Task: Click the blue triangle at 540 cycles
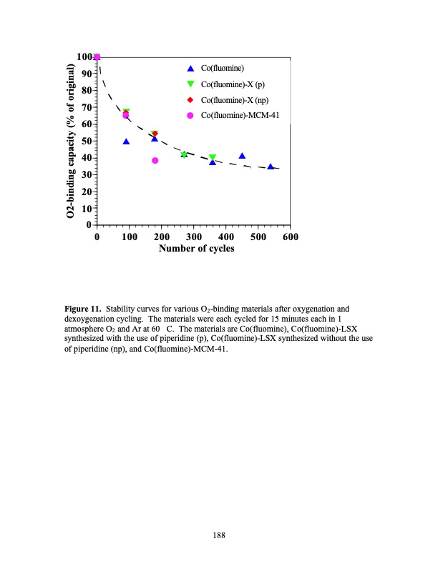point(271,167)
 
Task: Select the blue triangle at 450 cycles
point(242,156)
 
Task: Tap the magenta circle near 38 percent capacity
point(155,161)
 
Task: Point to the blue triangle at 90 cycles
point(126,141)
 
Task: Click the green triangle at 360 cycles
point(213,157)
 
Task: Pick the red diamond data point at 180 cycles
point(155,134)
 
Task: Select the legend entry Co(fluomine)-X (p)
point(233,84)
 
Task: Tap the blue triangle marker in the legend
point(190,69)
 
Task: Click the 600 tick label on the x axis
point(290,237)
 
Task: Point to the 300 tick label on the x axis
point(193,237)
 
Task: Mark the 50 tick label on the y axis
point(86,141)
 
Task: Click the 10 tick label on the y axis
point(86,209)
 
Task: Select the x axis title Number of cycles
point(196,249)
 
